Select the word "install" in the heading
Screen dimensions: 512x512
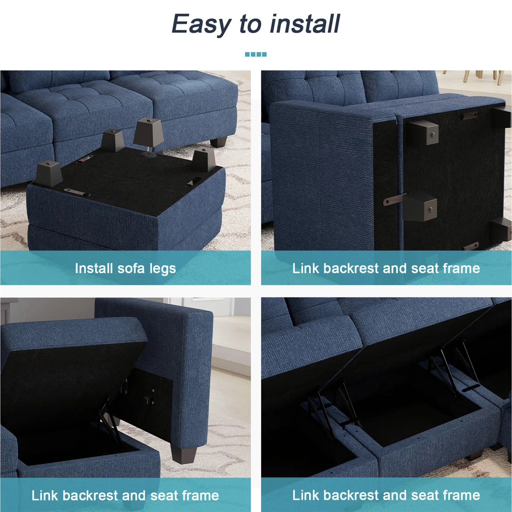(x=305, y=23)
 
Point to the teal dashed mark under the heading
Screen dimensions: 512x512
(x=256, y=55)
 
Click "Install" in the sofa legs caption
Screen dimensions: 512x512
(x=94, y=268)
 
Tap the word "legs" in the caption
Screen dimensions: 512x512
(x=162, y=269)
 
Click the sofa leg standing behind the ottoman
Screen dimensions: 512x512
(x=218, y=141)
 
